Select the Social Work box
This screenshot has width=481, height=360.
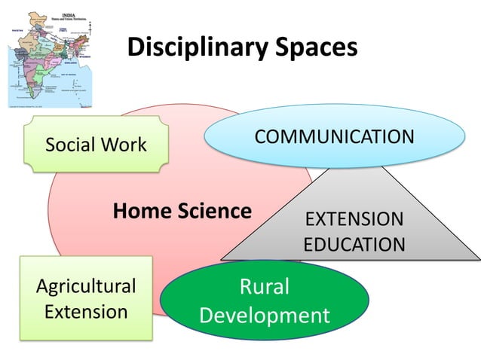coord(96,145)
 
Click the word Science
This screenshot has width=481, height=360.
coord(214,212)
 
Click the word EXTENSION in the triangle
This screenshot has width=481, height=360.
coord(354,219)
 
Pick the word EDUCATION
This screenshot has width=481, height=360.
coord(354,244)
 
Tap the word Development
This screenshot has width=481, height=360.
coord(264,314)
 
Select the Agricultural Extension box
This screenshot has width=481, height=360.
coord(85,298)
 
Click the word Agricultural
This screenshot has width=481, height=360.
coord(86,285)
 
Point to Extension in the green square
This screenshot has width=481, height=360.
coord(86,310)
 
